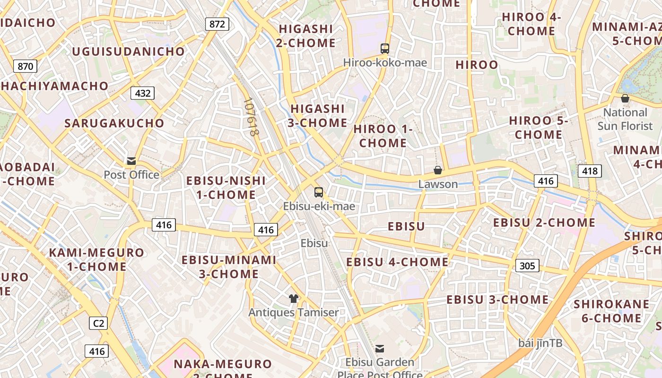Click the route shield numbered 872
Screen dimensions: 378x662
(x=217, y=24)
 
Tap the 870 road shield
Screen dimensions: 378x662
(x=25, y=66)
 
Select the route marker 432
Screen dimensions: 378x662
(x=143, y=93)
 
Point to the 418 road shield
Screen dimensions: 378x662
(x=590, y=171)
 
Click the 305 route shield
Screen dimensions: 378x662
(x=527, y=266)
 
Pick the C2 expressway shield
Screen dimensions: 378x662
(x=98, y=323)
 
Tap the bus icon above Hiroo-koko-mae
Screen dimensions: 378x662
(x=385, y=48)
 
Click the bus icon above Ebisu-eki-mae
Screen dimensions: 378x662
(x=319, y=192)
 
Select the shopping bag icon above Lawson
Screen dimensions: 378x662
(x=438, y=170)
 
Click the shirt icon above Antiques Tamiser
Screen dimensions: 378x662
(x=294, y=299)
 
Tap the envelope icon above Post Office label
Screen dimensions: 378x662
(x=131, y=161)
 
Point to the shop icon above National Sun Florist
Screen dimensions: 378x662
(x=625, y=98)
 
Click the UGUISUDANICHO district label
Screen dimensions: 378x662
(x=128, y=52)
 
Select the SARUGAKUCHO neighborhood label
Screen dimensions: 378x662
(x=114, y=123)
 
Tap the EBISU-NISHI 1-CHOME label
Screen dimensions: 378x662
(x=226, y=188)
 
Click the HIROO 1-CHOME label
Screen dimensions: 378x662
(x=383, y=136)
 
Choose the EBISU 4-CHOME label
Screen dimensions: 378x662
(x=397, y=262)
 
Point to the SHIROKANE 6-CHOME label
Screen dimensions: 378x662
(x=611, y=311)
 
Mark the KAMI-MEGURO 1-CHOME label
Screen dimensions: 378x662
(x=96, y=259)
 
